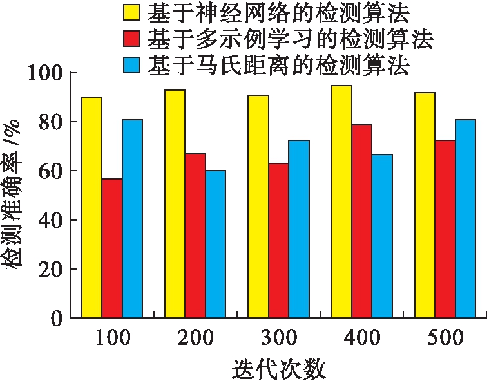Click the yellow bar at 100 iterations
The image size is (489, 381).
(91, 207)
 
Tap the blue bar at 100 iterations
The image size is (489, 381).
(132, 219)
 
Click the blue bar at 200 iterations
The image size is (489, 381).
(216, 244)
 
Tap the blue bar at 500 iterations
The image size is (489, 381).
(465, 219)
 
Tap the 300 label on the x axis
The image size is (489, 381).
(278, 337)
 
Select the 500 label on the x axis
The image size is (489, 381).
(445, 337)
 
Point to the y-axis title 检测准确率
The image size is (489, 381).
(14, 193)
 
